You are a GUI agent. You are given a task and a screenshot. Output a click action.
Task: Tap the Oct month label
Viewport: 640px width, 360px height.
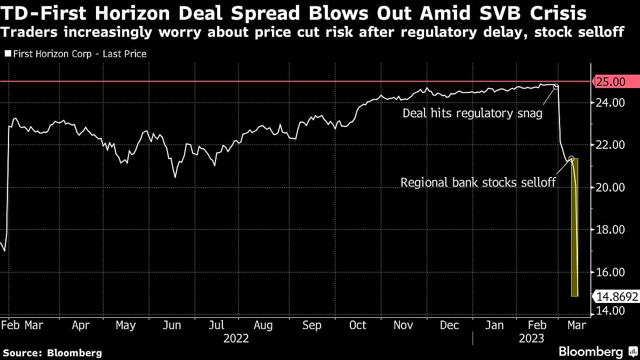[357, 325]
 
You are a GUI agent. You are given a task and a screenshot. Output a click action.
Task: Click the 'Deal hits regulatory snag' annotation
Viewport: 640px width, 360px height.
[472, 113]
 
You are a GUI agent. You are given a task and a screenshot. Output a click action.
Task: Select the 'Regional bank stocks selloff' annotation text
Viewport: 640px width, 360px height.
[478, 183]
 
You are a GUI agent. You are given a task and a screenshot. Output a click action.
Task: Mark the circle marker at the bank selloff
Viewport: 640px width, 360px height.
[571, 158]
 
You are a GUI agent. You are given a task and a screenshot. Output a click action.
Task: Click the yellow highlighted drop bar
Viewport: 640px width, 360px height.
[575, 229]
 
